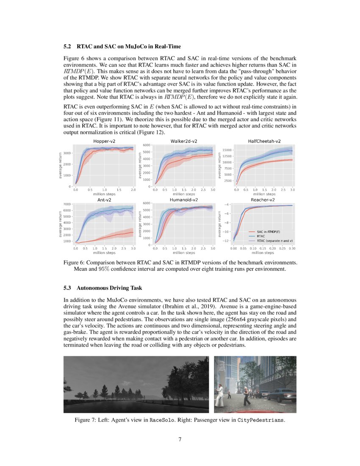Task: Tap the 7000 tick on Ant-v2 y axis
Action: [x=67, y=204]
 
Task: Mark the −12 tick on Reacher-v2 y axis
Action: [x=226, y=241]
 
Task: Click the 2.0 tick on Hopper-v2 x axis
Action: [x=133, y=190]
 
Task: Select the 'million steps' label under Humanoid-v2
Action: [x=183, y=253]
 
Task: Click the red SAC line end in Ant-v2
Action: [x=133, y=232]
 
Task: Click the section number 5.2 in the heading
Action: [x=68, y=46]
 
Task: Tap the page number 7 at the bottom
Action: [x=180, y=439]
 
